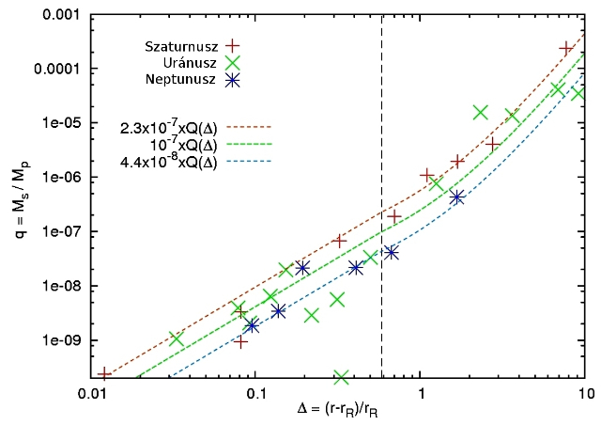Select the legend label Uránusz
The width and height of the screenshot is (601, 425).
pos(188,63)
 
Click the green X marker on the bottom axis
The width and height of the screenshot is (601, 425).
pos(341,376)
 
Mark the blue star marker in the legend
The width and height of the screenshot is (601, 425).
pos(234,80)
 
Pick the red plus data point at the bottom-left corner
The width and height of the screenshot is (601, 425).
pos(104,374)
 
